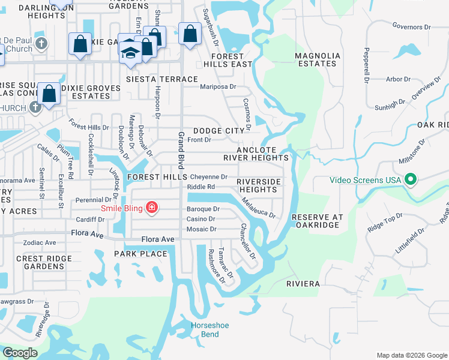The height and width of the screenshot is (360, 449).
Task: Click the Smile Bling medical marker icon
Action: click(152, 208)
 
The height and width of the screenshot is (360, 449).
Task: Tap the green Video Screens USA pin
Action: click(411, 179)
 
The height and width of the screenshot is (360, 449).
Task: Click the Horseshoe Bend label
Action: click(205, 329)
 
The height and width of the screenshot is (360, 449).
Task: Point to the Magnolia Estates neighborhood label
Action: click(318, 59)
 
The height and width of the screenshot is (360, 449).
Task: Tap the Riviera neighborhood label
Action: click(303, 283)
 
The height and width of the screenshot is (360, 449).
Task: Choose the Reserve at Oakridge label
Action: click(316, 221)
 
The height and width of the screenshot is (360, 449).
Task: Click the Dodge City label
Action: click(219, 131)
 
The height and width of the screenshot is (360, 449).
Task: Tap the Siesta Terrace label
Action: click(161, 79)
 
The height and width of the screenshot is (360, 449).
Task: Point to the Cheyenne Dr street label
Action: click(208, 177)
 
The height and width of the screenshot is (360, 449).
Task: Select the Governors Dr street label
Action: click(412, 27)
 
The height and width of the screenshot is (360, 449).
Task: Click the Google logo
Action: click(20, 353)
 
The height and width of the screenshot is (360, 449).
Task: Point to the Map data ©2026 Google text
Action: click(411, 355)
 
